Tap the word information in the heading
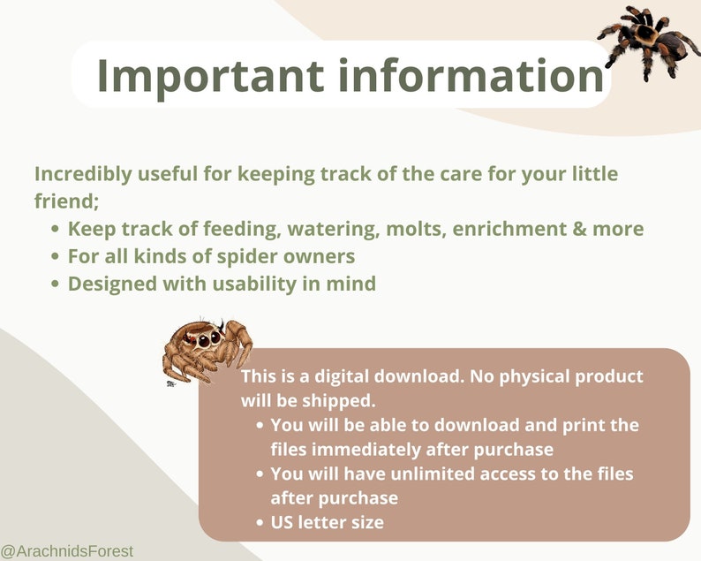click(x=469, y=75)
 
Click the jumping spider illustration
click(x=207, y=346)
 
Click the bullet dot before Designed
click(x=55, y=284)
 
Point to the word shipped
click(x=344, y=399)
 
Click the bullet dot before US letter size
click(x=259, y=522)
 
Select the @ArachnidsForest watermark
click(x=67, y=551)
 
